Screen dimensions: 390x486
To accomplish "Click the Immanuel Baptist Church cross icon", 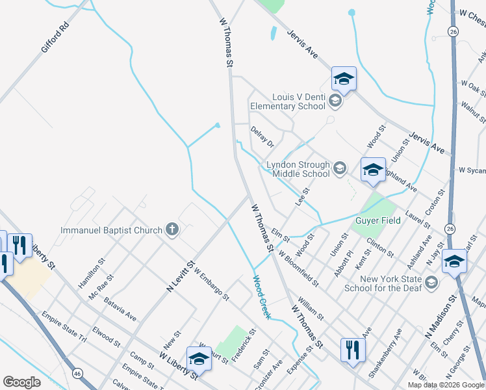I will (x=172, y=229).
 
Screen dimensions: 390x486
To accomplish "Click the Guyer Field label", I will (x=377, y=220).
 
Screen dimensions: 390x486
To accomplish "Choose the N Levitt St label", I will (x=181, y=276).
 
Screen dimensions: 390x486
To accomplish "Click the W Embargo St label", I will (x=211, y=285).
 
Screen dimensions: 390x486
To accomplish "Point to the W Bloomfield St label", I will (x=298, y=269).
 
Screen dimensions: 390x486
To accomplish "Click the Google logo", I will (x=22, y=382).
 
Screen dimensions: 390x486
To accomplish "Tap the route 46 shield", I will (x=77, y=374).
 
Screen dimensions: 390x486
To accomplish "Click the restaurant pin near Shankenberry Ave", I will (x=353, y=350).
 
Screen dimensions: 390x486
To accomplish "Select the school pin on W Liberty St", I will (x=199, y=359).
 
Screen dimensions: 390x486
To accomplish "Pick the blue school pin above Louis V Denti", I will (x=344, y=79).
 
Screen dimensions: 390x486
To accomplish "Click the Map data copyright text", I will (x=445, y=385).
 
